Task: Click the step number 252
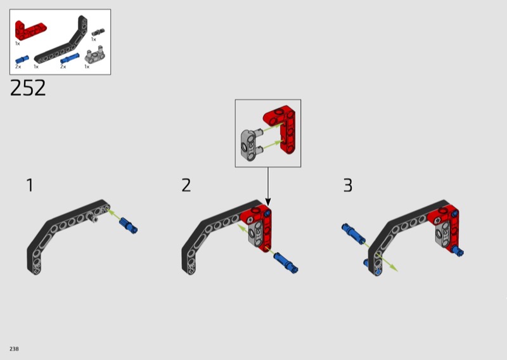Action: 28,88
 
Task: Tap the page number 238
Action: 14,349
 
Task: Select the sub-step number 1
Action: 30,185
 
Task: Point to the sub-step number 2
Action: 186,185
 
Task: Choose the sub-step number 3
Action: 348,185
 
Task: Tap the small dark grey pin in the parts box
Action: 98,32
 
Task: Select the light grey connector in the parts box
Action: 94,56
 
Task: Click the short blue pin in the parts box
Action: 22,60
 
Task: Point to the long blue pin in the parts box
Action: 70,58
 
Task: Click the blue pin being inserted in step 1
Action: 129,226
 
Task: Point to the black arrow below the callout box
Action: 267,186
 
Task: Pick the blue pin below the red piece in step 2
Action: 286,262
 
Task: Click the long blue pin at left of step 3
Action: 354,234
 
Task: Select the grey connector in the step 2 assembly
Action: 257,233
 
